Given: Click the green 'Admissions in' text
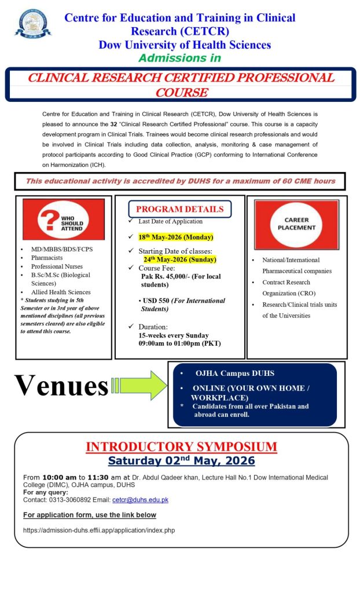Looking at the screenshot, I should tap(179, 58).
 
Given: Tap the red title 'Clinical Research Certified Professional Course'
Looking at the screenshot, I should tap(182, 85).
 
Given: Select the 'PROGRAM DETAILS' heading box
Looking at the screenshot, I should tap(179, 209).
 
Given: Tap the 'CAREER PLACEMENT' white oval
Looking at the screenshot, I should tap(296, 224).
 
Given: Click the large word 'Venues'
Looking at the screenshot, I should tap(61, 385).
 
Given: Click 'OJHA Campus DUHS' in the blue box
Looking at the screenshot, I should tap(234, 373).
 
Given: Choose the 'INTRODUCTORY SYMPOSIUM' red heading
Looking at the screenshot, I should tap(181, 446).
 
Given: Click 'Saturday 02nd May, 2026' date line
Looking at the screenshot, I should tap(181, 461).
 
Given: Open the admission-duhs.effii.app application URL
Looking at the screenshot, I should tap(99, 530).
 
